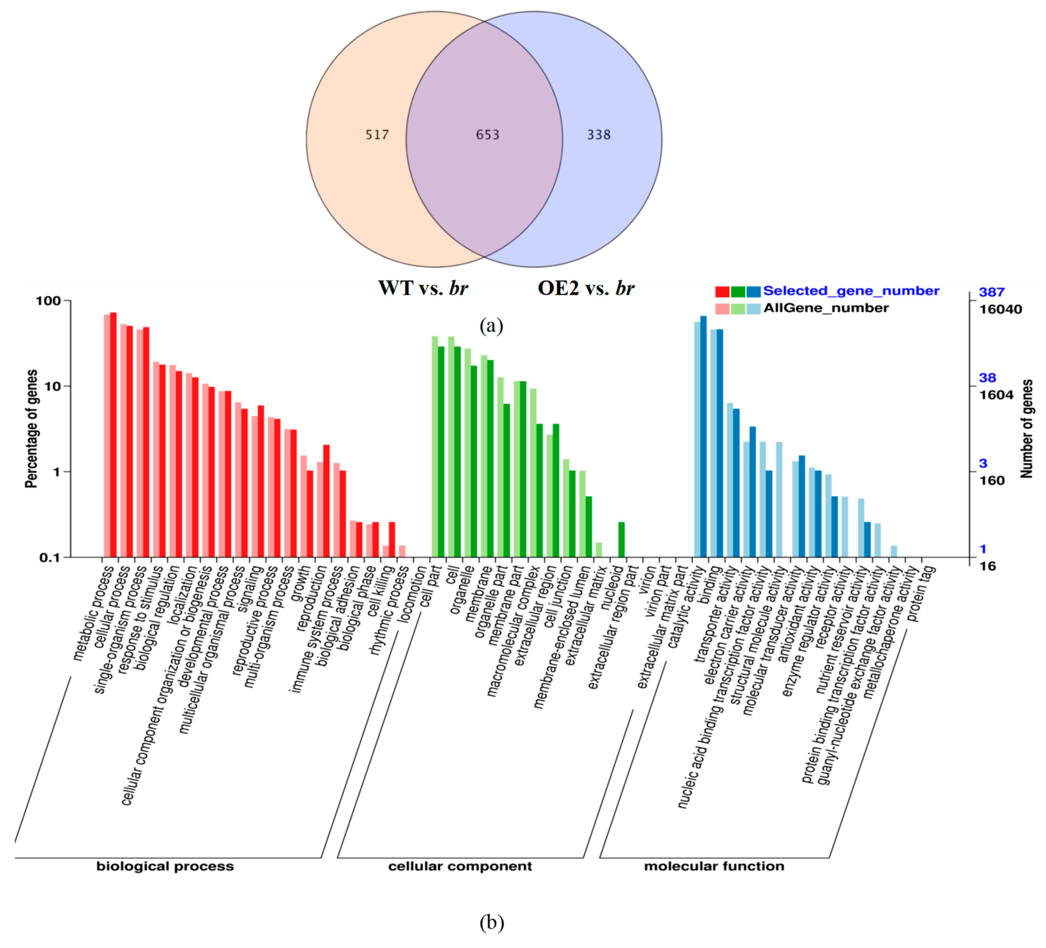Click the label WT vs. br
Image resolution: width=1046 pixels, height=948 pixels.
click(x=423, y=288)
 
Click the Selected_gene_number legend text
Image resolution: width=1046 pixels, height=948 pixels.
click(x=851, y=291)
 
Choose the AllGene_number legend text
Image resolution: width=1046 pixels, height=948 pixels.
click(x=826, y=308)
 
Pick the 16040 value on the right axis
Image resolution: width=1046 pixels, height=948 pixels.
click(x=1000, y=310)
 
